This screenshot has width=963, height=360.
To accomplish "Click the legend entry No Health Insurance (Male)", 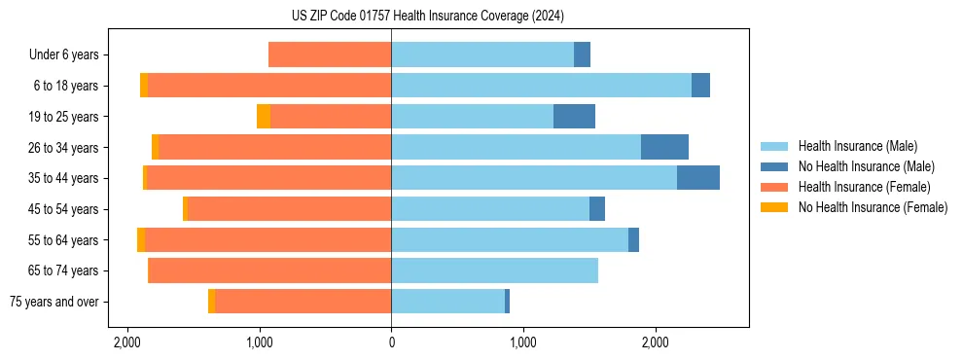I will (x=866, y=166).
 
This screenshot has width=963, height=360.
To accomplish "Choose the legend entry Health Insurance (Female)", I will (x=864, y=187).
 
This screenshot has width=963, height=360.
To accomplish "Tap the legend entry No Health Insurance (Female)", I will (x=873, y=207).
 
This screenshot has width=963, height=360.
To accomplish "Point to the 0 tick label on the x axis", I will (x=391, y=342).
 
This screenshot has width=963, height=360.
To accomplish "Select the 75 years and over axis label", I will (x=53, y=302).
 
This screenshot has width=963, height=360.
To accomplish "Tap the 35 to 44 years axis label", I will (x=65, y=178).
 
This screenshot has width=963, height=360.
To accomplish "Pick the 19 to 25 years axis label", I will (x=65, y=117).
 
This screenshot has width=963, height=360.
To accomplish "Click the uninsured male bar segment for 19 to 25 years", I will (x=574, y=117).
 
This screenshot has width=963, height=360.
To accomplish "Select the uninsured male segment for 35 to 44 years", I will (x=697, y=178).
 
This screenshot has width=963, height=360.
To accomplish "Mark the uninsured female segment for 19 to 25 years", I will (x=264, y=117).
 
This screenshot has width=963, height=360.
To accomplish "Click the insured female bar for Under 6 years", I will (x=330, y=55).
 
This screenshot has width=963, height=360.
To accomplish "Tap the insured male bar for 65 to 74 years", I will (x=494, y=270).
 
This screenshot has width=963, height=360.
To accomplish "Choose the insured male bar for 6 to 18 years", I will (x=541, y=86).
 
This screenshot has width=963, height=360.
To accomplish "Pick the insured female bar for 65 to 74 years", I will (x=269, y=270).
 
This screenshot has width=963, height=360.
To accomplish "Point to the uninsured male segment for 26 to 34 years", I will (x=664, y=147).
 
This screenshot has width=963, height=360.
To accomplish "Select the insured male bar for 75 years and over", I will (x=447, y=302).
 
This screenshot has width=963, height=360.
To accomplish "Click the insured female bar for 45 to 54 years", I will (x=289, y=209).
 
